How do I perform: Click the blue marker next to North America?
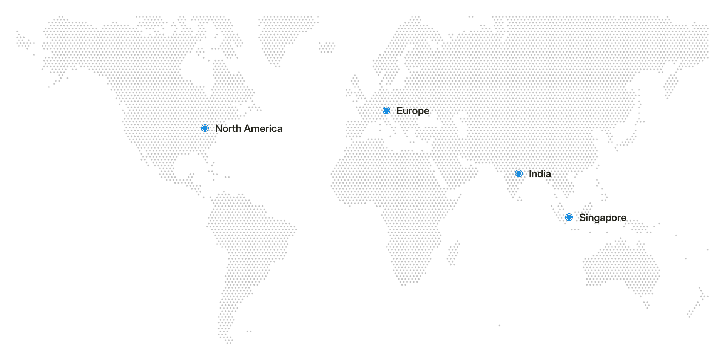tap(205, 128)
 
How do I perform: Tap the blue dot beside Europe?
tap(386, 110)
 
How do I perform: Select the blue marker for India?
tap(519, 173)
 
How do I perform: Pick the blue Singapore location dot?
tap(569, 217)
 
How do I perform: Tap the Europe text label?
tap(413, 111)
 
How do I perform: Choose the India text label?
tap(540, 174)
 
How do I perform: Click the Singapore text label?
tap(603, 218)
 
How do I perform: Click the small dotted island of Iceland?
tap(327, 48)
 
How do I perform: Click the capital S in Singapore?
tap(582, 218)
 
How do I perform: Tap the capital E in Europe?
tap(400, 111)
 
